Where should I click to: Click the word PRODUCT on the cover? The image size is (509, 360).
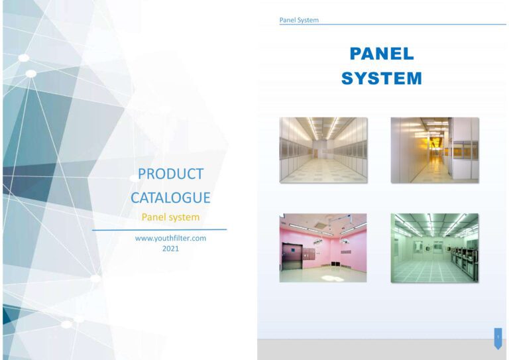pyautogui.click(x=171, y=174)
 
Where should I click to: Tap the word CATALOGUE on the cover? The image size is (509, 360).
pyautogui.click(x=170, y=198)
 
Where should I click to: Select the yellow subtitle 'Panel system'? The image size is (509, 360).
pyautogui.click(x=170, y=217)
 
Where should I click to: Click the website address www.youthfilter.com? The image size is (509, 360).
pyautogui.click(x=170, y=238)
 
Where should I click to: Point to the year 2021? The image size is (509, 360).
pyautogui.click(x=170, y=249)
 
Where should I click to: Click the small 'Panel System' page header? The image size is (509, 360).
pyautogui.click(x=299, y=20)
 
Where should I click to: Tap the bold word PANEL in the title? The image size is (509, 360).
pyautogui.click(x=382, y=54)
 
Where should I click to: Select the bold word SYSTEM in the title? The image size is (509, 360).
pyautogui.click(x=382, y=78)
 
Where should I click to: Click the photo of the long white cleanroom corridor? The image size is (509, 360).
pyautogui.click(x=323, y=150)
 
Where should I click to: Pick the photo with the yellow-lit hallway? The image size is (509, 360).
pyautogui.click(x=435, y=150)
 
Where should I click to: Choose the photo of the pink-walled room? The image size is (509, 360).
pyautogui.click(x=323, y=248)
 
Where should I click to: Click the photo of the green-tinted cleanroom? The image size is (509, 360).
pyautogui.click(x=434, y=248)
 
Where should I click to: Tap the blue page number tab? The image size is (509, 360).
pyautogui.click(x=498, y=338)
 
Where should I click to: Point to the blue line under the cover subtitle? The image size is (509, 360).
pyautogui.click(x=159, y=229)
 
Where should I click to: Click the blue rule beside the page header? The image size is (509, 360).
pyautogui.click(x=413, y=24)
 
